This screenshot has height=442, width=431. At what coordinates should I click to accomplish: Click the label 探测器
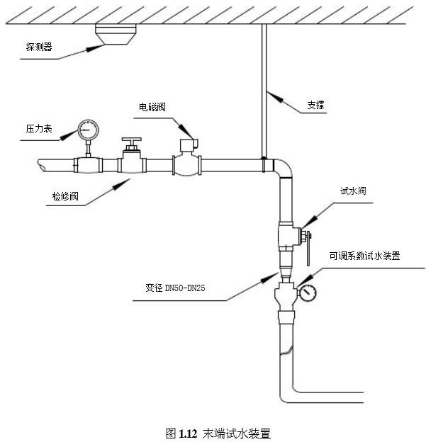point(40,47)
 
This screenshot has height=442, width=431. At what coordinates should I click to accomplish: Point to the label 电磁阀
point(153,107)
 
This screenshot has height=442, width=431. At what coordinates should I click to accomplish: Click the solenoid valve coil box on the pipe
point(188,146)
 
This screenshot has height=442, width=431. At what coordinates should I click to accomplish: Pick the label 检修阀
point(67,196)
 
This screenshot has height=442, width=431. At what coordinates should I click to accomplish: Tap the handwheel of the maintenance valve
point(131,140)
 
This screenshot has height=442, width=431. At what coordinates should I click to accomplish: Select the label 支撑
point(316,106)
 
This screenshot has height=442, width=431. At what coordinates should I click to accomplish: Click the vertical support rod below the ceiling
point(264,85)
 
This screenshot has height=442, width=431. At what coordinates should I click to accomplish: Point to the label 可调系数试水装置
point(364,256)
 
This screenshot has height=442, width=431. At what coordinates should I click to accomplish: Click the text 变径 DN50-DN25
point(176,289)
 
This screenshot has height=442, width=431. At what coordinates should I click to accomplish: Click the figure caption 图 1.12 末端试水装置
point(218,431)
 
